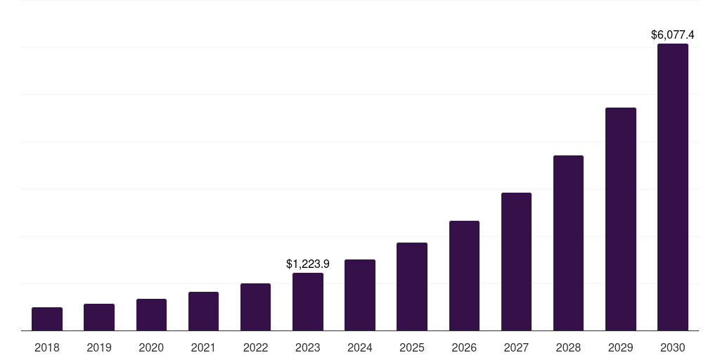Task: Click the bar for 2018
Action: (x=47, y=319)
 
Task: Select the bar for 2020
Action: (x=151, y=314)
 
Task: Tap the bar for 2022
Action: (x=255, y=307)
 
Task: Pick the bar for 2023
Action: (x=308, y=302)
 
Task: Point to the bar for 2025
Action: (x=412, y=286)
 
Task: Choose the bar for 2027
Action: (x=516, y=262)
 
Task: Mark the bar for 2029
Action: (x=621, y=219)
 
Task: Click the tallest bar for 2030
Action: (x=673, y=187)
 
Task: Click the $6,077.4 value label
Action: (x=673, y=34)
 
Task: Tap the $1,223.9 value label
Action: (x=308, y=264)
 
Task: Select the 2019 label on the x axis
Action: (x=99, y=347)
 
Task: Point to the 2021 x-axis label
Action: (x=203, y=347)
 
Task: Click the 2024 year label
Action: (x=360, y=347)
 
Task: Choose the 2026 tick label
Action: (x=464, y=347)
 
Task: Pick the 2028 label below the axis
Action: (x=568, y=347)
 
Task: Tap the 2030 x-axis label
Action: (x=673, y=347)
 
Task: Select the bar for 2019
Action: (x=99, y=317)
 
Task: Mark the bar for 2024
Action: (x=360, y=295)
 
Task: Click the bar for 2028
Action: (x=568, y=243)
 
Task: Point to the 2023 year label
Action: (x=308, y=347)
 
